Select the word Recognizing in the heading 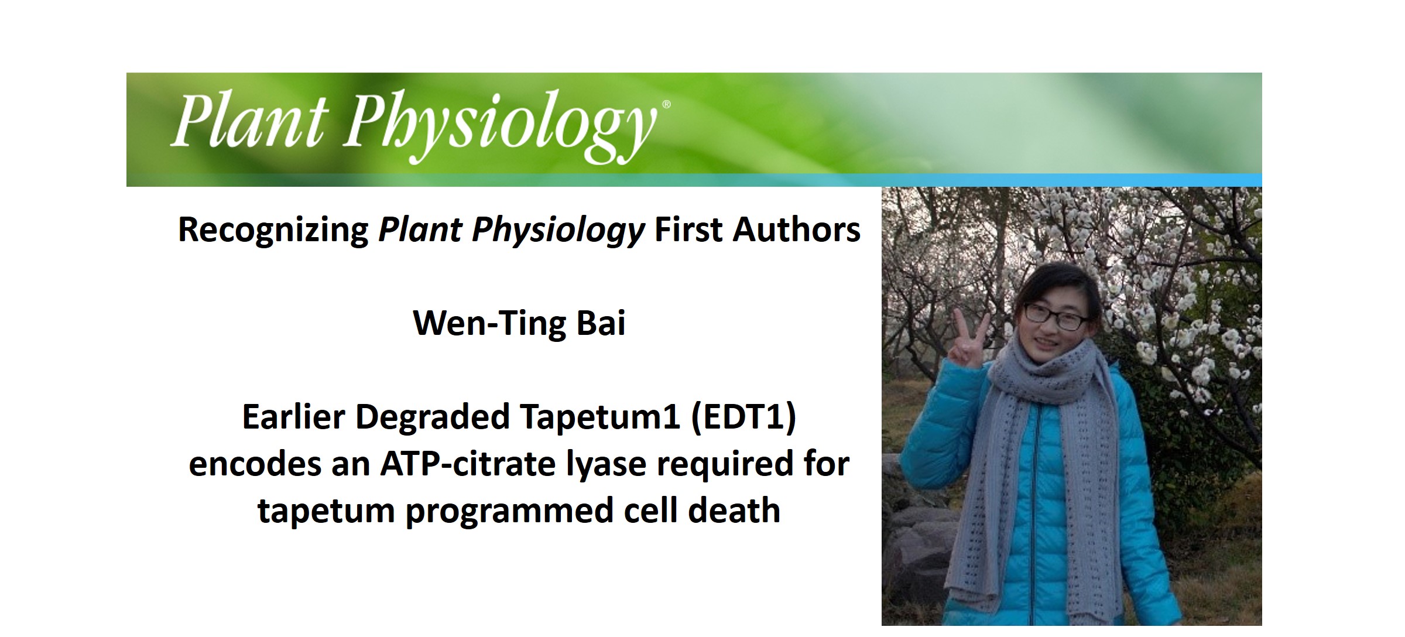[273, 230]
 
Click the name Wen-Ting [489, 323]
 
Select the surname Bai [601, 323]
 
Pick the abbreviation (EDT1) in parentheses [743, 417]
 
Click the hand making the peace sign [967, 343]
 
